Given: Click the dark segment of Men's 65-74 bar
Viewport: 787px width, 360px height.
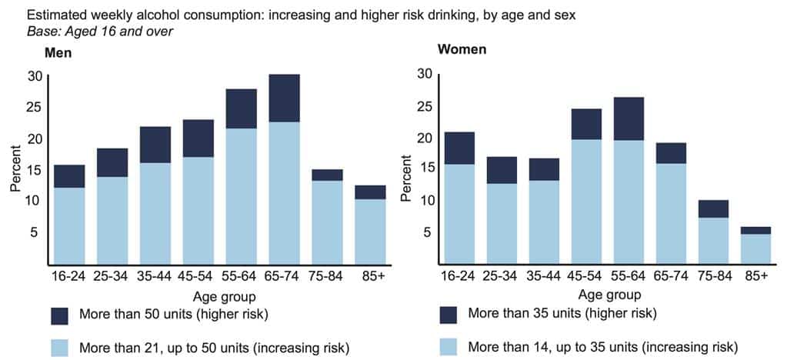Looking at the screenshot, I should (x=284, y=98).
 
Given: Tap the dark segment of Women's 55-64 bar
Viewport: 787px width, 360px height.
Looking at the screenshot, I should (x=629, y=118).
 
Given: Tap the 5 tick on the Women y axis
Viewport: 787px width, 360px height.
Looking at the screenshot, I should (x=422, y=232).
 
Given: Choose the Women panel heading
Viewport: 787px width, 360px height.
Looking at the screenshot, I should (x=461, y=50).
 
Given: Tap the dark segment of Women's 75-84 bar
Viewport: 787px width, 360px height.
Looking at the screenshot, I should (x=714, y=208).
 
